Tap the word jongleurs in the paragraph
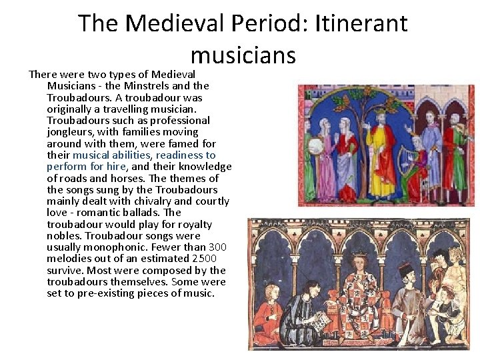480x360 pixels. pyautogui.click(x=71, y=132)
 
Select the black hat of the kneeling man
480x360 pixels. pyautogui.click(x=405, y=269)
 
